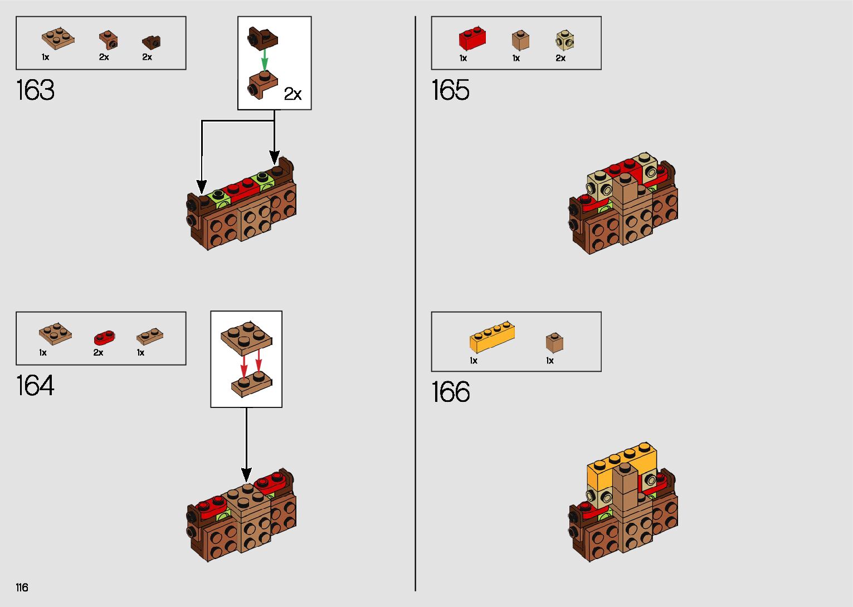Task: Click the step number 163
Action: point(35,90)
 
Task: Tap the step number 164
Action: point(35,386)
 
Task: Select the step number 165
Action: point(450,90)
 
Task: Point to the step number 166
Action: point(450,392)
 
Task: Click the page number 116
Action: point(22,587)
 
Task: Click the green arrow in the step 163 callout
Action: point(265,58)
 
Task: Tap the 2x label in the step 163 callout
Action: point(293,94)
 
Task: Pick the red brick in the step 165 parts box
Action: point(472,38)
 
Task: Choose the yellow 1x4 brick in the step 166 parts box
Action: point(491,336)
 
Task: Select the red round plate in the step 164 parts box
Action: point(104,337)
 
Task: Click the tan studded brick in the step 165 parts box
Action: point(565,40)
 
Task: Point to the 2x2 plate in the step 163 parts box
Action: point(58,38)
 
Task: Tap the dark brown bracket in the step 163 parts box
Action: point(151,42)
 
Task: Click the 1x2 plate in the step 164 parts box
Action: point(150,336)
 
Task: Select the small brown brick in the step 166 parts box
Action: point(554,342)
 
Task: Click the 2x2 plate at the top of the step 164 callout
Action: point(246,336)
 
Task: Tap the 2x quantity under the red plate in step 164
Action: point(98,353)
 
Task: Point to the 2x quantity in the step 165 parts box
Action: point(560,58)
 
